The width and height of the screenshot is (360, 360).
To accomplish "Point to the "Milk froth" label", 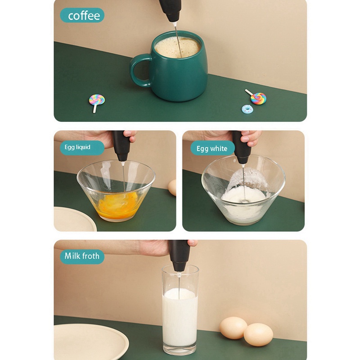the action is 82,256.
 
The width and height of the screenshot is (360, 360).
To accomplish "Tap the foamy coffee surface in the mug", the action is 177,47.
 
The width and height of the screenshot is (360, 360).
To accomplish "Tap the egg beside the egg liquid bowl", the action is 172,188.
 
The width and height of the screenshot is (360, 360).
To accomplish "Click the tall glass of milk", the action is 180,310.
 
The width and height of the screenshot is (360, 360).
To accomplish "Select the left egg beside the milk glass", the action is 234,328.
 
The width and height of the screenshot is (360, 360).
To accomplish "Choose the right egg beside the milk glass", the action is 258,334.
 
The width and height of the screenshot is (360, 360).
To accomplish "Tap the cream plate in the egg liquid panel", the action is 74,219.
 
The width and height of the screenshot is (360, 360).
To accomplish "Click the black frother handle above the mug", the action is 170,10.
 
